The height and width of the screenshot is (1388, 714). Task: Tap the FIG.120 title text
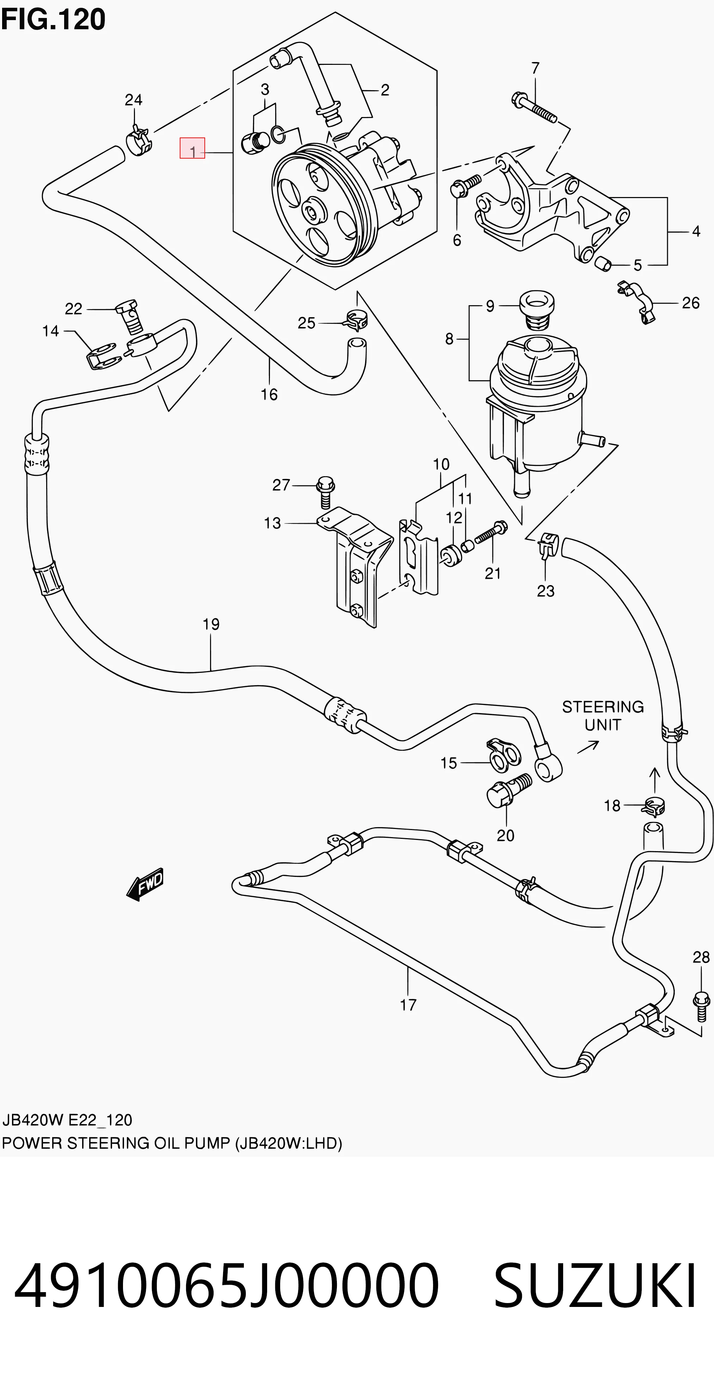[x=53, y=19]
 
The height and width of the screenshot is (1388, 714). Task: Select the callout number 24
[x=134, y=100]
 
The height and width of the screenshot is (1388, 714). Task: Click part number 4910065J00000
[x=226, y=1286]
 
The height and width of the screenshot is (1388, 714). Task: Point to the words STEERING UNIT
[x=603, y=716]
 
